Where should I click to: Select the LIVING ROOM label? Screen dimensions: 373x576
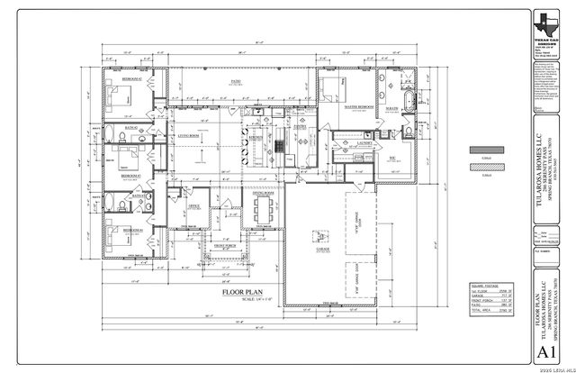187,135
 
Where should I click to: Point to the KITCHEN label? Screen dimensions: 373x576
256,136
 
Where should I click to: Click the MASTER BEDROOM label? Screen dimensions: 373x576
357,107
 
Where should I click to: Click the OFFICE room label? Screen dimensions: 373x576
193,205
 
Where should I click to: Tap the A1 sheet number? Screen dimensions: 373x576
544,350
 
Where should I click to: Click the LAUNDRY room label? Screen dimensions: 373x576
364,142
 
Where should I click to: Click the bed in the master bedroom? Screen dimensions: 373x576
329,92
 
